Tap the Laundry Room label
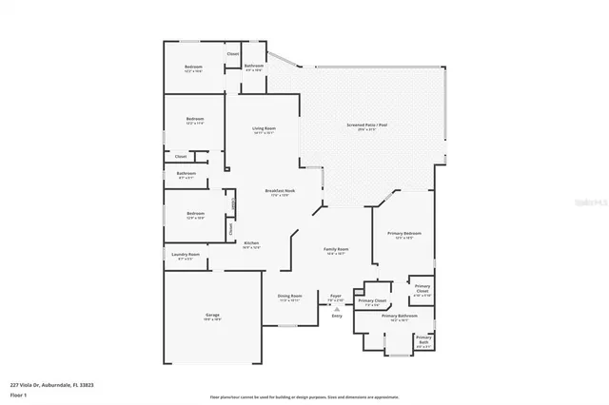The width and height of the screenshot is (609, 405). point(187,255)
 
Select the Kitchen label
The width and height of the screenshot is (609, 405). point(251,243)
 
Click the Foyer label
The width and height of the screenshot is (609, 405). point(336,296)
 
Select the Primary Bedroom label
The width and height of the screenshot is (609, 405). point(404,234)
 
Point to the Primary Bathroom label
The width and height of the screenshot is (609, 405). point(401,316)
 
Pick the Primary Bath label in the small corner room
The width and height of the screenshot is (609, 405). point(423,340)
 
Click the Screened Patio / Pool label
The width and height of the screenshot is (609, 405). point(366,126)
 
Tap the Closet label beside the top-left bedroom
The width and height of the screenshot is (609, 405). point(232,53)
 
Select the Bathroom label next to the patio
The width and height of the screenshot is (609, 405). point(254,66)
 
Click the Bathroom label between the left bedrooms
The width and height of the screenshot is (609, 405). point(187,174)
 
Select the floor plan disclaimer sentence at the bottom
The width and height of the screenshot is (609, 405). point(304,397)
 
